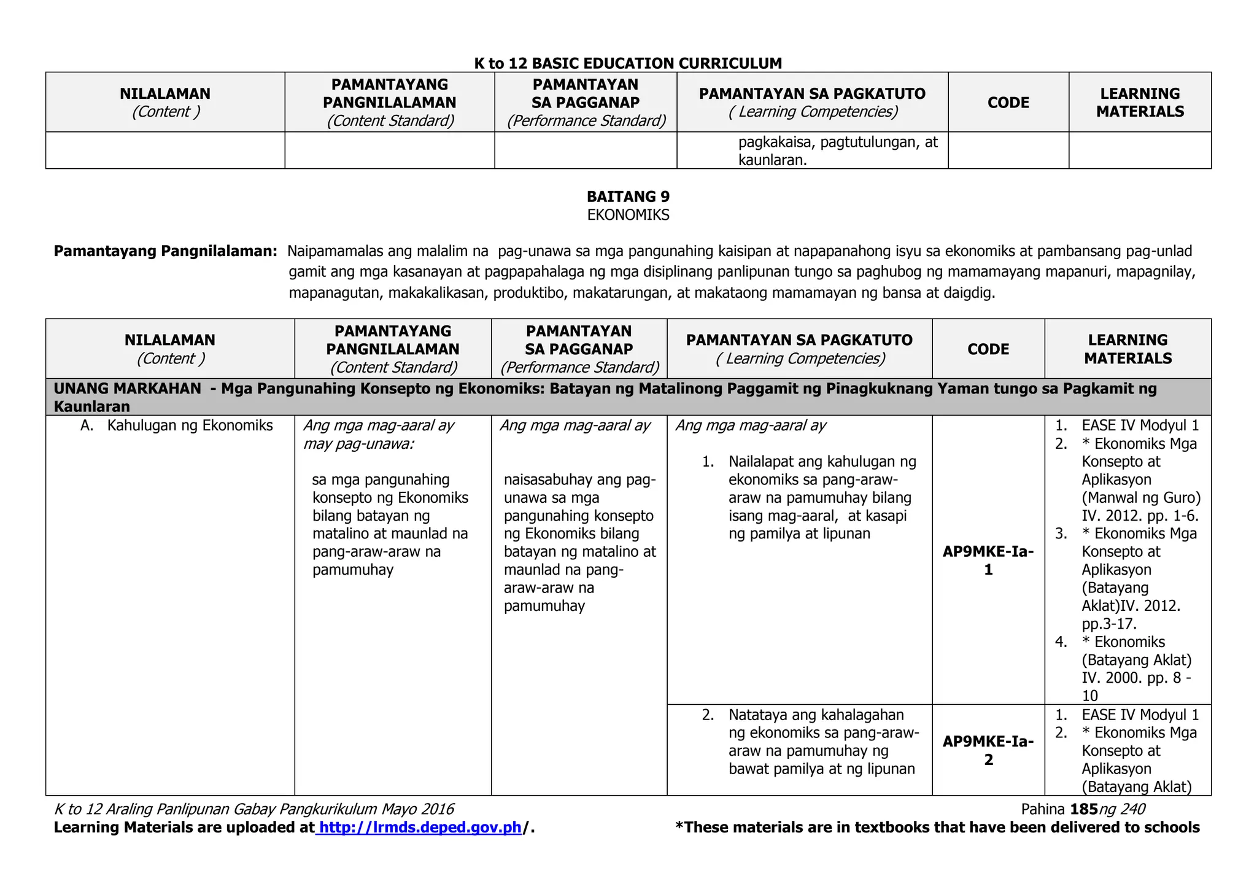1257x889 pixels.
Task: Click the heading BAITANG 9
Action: pyautogui.click(x=628, y=196)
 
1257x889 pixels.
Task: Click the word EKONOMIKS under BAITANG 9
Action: pyautogui.click(x=628, y=215)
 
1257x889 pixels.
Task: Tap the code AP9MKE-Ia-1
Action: pyautogui.click(x=988, y=561)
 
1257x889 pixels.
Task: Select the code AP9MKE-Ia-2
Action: pyautogui.click(x=988, y=750)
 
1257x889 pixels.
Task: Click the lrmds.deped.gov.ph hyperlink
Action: pyautogui.click(x=420, y=828)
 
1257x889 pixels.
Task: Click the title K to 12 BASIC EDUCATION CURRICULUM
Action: pyautogui.click(x=628, y=63)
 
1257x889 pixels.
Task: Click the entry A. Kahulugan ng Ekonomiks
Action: pyautogui.click(x=177, y=425)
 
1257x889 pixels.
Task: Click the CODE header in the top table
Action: pyautogui.click(x=1008, y=103)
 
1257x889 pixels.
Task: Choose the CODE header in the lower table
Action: pyautogui.click(x=988, y=349)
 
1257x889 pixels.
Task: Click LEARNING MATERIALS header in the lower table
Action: pyautogui.click(x=1127, y=349)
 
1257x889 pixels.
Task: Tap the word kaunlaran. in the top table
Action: pyautogui.click(x=772, y=160)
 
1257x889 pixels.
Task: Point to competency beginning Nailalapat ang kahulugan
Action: pyautogui.click(x=821, y=462)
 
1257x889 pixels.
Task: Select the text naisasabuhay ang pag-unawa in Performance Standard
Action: pyautogui.click(x=579, y=480)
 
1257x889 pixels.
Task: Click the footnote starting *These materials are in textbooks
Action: pyautogui.click(x=937, y=828)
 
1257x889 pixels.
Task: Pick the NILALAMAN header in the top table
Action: pyautogui.click(x=164, y=94)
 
